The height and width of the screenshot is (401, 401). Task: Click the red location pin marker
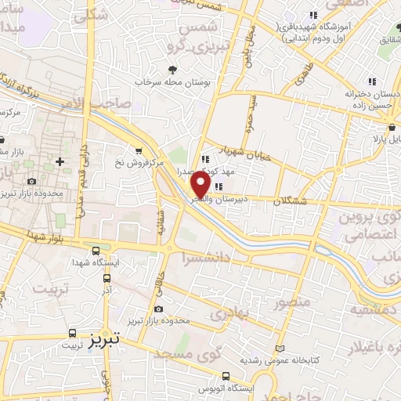(x=201, y=186)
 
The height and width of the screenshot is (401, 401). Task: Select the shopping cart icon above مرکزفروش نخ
(x=139, y=150)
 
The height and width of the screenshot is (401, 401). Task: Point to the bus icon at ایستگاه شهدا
(x=96, y=251)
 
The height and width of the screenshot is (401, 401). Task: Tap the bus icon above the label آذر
(x=107, y=277)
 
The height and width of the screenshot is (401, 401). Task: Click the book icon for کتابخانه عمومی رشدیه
(x=282, y=349)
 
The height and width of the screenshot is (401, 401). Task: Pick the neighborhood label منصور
(x=294, y=301)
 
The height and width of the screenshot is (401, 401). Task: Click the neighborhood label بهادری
(x=227, y=312)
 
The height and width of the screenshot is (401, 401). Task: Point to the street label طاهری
(x=303, y=72)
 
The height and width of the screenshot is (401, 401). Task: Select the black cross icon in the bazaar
(x=60, y=161)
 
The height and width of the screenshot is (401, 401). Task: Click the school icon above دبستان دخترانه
(x=373, y=81)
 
